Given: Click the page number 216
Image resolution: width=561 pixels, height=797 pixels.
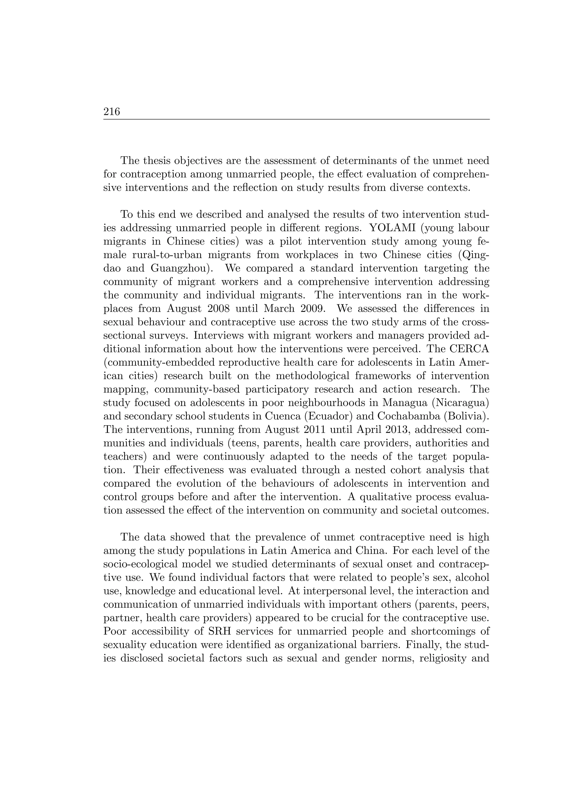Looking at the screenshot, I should (x=111, y=112).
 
